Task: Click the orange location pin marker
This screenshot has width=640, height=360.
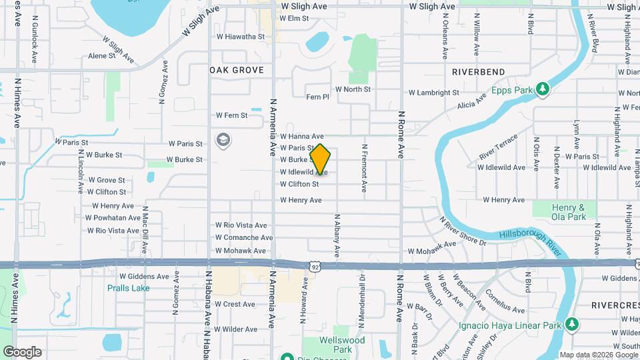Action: tap(321, 159)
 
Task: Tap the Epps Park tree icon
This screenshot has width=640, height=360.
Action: tap(543, 89)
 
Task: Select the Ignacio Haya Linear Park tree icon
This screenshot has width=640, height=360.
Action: tap(571, 325)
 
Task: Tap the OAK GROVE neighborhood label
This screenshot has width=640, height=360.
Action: tap(237, 70)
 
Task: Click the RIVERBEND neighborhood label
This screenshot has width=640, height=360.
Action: tap(478, 71)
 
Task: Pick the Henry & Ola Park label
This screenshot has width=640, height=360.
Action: tap(568, 212)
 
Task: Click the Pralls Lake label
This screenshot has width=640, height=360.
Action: tap(129, 288)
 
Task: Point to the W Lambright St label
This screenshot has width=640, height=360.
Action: tap(434, 93)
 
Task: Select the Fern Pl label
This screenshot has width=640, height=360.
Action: tap(317, 97)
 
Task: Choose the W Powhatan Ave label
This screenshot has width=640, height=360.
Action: tap(113, 217)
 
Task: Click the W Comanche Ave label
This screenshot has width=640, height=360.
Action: tap(244, 237)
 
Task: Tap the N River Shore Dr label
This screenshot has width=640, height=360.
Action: tap(463, 230)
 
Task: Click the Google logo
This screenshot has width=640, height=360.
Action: tap(22, 352)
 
